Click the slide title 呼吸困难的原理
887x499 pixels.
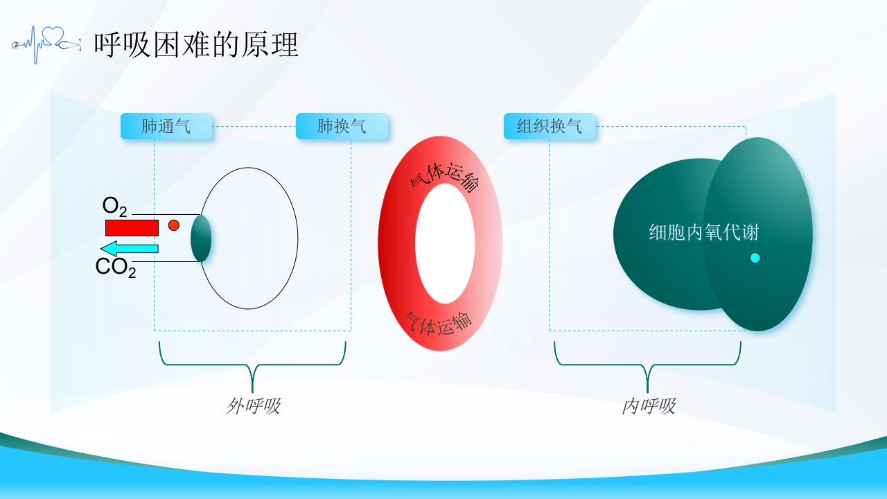(196, 45)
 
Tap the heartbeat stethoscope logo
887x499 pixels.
(46, 44)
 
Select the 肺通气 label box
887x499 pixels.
(166, 126)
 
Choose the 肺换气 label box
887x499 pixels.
(342, 126)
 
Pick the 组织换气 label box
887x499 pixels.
(550, 126)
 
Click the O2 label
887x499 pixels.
(115, 207)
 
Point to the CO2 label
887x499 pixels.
(116, 268)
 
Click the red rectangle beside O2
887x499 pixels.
(132, 228)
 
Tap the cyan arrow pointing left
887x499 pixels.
(130, 249)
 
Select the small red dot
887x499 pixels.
(174, 225)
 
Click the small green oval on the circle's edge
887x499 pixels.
(201, 238)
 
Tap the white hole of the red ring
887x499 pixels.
(445, 243)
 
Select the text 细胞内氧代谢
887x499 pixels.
(703, 232)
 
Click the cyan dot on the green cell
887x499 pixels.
(755, 259)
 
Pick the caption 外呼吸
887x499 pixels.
(254, 406)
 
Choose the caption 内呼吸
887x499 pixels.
(649, 406)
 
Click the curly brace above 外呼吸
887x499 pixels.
(253, 365)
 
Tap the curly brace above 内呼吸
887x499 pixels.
(647, 365)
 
